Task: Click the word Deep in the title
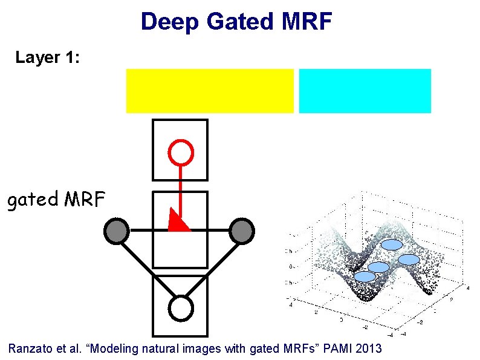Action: coord(170,22)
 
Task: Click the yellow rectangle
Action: coord(209,91)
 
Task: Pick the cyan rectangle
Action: coord(365,91)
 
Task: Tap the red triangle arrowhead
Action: coord(178,221)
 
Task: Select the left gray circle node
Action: coord(117,230)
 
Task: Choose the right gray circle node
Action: coord(242,230)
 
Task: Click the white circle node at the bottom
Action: coord(180,308)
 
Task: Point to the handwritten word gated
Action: coord(31,200)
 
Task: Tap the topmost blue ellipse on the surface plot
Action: coord(392,245)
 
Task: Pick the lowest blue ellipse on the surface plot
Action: coord(365,277)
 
